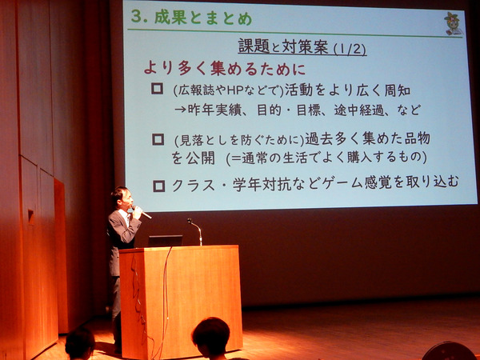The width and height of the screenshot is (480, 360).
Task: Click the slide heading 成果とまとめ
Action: [203, 18]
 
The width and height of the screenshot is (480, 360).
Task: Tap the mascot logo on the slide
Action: [453, 23]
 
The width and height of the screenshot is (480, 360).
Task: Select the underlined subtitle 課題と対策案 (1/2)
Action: [302, 47]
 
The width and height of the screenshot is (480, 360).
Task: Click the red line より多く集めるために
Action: [225, 69]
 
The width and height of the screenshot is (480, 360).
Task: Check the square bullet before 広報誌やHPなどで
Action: [157, 89]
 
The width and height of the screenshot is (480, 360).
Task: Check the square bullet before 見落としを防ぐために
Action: [158, 139]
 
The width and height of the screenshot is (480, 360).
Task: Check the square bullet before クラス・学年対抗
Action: [159, 186]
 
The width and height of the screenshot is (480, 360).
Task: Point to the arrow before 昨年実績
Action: [180, 110]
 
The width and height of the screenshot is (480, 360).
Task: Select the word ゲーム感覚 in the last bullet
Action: [356, 183]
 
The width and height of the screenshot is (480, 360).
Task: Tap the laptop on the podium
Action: [166, 241]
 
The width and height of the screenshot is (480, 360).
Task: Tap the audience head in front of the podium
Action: [210, 337]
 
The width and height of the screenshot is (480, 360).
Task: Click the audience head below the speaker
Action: [80, 343]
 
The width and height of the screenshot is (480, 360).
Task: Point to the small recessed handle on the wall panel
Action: [31, 217]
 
